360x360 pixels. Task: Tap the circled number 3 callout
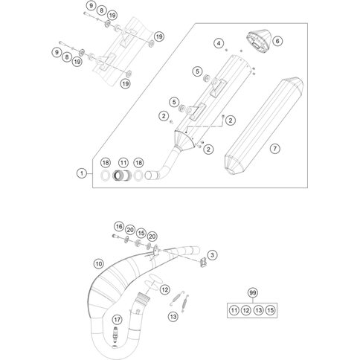(213, 255)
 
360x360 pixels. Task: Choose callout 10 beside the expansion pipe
(97, 263)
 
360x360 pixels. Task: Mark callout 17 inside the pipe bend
(115, 319)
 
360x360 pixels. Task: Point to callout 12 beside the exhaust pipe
(164, 289)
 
